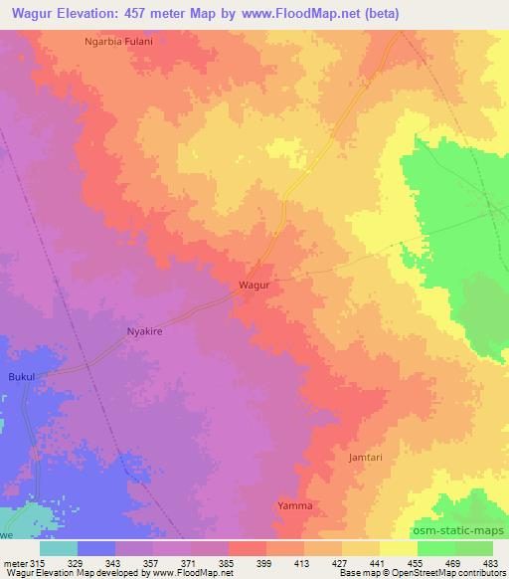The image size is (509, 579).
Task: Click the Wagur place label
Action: [x=254, y=285]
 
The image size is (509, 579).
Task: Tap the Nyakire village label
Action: [x=143, y=333]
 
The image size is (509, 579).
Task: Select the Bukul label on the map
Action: [x=21, y=378]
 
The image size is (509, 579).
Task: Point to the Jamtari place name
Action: [x=366, y=458]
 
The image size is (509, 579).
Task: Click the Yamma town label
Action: [x=294, y=506]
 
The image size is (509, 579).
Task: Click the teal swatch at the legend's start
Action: [x=58, y=548]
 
